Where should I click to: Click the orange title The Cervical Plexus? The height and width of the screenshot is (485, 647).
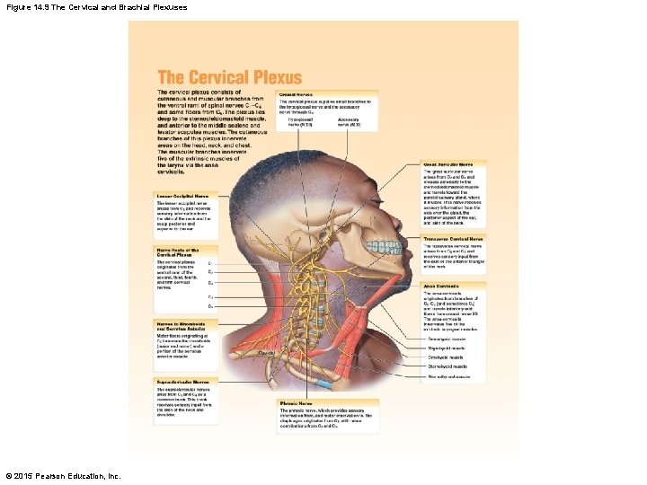[229, 78]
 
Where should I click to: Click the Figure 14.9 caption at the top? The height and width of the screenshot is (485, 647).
[96, 7]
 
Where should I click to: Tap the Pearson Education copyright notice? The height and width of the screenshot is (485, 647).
[62, 475]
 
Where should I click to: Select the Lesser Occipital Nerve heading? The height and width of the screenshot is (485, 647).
[182, 195]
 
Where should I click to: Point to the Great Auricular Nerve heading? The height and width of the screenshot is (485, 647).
[455, 165]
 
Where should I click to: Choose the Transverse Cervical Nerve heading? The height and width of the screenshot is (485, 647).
[458, 239]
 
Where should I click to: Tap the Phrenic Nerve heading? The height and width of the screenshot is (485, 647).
[297, 403]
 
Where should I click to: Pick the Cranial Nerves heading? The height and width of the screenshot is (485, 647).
[296, 93]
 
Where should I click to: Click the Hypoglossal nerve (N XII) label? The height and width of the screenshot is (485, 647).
[300, 120]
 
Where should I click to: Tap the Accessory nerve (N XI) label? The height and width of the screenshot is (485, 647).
[349, 120]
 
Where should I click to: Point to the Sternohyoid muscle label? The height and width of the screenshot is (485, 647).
[447, 366]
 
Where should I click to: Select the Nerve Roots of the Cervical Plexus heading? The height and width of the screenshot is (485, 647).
[178, 252]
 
